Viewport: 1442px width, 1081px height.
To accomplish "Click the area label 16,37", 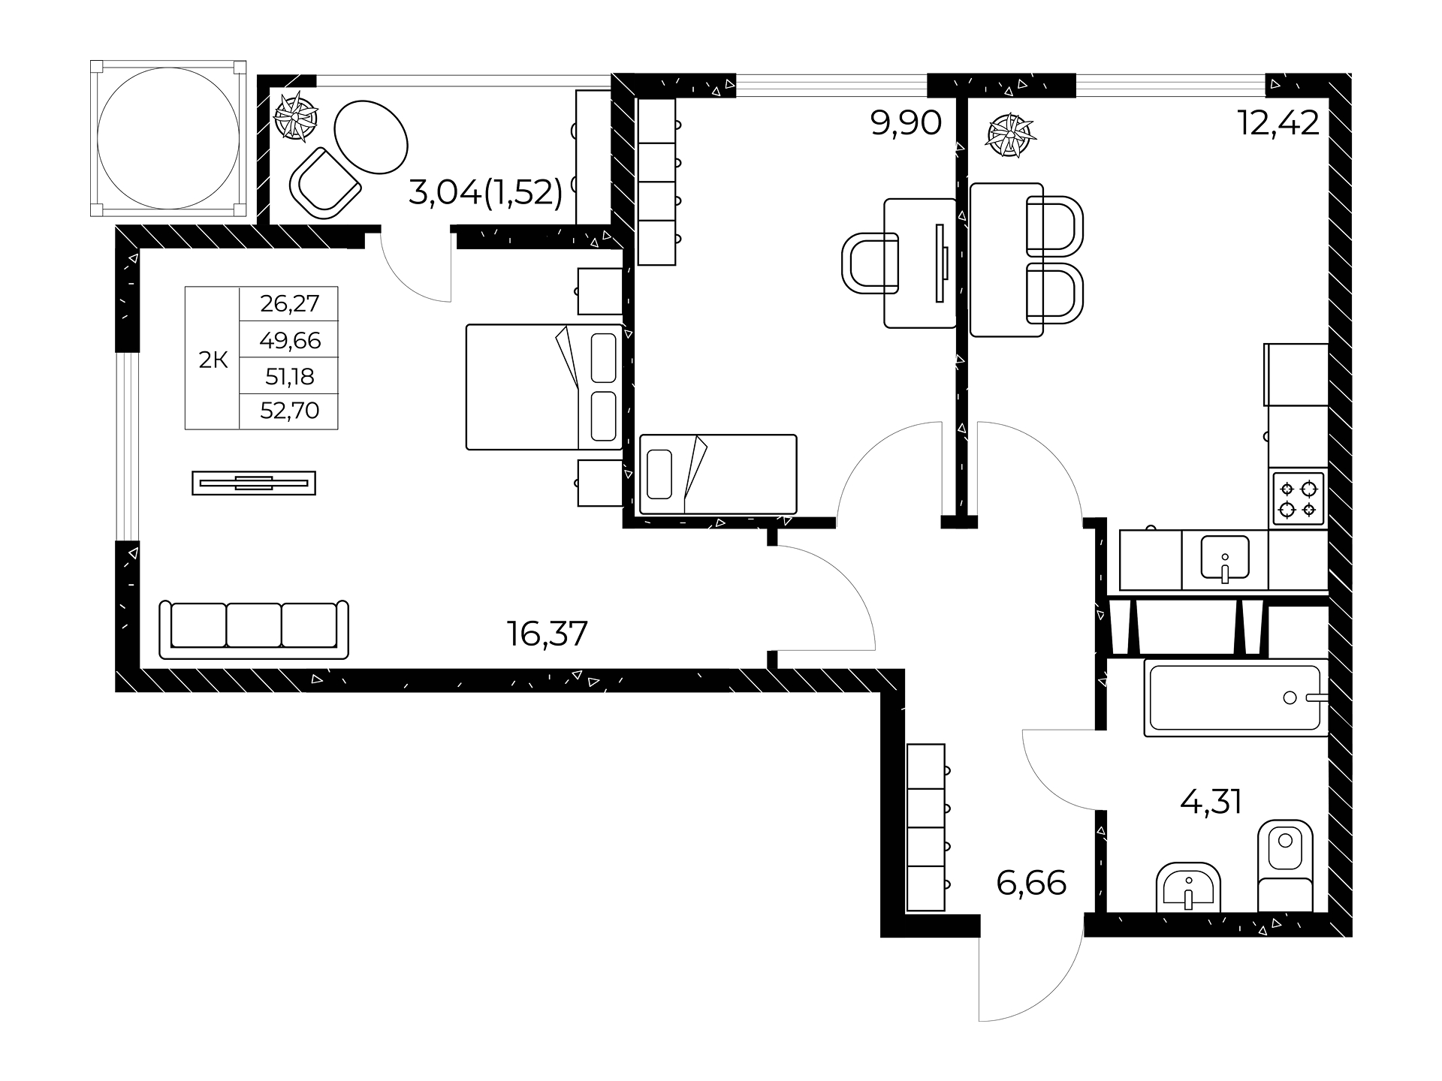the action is [547, 634].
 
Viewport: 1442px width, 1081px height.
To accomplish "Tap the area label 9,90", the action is [906, 122].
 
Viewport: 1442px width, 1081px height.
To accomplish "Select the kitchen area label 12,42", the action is [1278, 122].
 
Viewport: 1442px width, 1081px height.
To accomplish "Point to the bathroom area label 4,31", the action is [1211, 802].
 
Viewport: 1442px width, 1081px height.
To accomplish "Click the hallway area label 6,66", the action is [1031, 884].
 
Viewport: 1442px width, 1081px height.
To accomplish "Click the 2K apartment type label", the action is [213, 360].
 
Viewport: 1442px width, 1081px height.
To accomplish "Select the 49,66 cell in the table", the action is [290, 341].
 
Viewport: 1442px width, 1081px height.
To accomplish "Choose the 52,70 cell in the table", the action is [290, 411].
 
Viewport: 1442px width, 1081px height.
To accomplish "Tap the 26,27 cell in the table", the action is [290, 303].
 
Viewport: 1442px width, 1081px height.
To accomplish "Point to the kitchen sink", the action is [1225, 559].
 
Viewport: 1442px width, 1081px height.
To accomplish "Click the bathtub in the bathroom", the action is [1235, 698].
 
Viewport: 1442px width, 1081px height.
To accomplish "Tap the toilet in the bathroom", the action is [1285, 866].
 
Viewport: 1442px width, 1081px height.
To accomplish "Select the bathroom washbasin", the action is [1189, 888].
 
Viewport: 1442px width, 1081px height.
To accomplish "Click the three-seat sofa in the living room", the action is [255, 629].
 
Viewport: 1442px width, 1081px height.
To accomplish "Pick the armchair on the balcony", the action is [325, 184].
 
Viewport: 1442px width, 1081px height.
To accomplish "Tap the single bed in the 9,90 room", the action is [718, 474].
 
